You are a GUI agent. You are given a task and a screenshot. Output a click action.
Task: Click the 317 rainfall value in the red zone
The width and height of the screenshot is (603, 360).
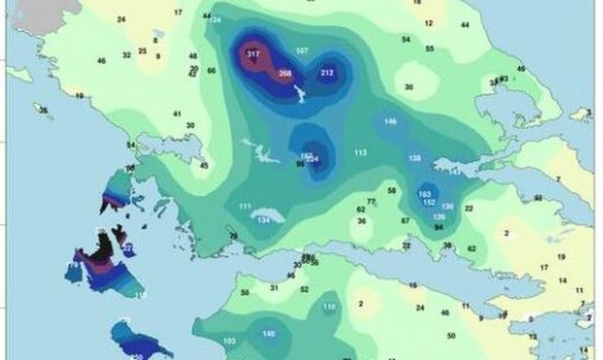point(253,56)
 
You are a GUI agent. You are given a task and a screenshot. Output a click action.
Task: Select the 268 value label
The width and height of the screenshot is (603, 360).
point(285,73)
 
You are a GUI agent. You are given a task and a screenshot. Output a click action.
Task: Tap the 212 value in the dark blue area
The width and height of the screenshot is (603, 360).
point(327,73)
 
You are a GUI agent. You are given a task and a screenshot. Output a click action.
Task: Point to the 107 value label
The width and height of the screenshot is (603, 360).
point(302,49)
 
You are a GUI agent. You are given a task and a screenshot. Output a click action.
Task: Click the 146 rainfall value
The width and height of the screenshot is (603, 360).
point(390,122)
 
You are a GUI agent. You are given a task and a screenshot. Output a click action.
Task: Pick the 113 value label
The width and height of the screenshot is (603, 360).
point(360,152)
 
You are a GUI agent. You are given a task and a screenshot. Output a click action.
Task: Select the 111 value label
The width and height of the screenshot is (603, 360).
point(245,206)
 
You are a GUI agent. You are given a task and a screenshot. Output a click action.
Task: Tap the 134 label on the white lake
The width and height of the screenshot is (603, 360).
point(265,220)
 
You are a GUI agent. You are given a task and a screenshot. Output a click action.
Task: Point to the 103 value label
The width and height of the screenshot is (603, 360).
point(229,341)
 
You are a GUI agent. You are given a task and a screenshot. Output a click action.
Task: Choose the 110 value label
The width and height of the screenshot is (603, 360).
point(329,307)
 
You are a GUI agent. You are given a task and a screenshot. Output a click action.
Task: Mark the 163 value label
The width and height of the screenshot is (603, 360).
point(424,193)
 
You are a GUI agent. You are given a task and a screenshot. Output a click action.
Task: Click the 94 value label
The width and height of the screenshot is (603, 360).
point(438,227)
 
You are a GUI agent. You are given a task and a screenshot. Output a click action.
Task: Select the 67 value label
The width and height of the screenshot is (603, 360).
point(405,221)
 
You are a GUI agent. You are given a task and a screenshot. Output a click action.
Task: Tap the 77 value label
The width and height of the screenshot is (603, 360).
point(371,201)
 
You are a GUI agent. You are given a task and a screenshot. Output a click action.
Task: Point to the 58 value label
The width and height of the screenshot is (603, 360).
point(390,190)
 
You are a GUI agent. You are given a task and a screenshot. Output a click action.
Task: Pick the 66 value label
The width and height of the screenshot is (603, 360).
point(211,70)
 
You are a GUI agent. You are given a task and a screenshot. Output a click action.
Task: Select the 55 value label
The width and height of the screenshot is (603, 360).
point(430,48)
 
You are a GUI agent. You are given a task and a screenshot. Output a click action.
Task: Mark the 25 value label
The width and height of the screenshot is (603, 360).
point(142,52)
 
